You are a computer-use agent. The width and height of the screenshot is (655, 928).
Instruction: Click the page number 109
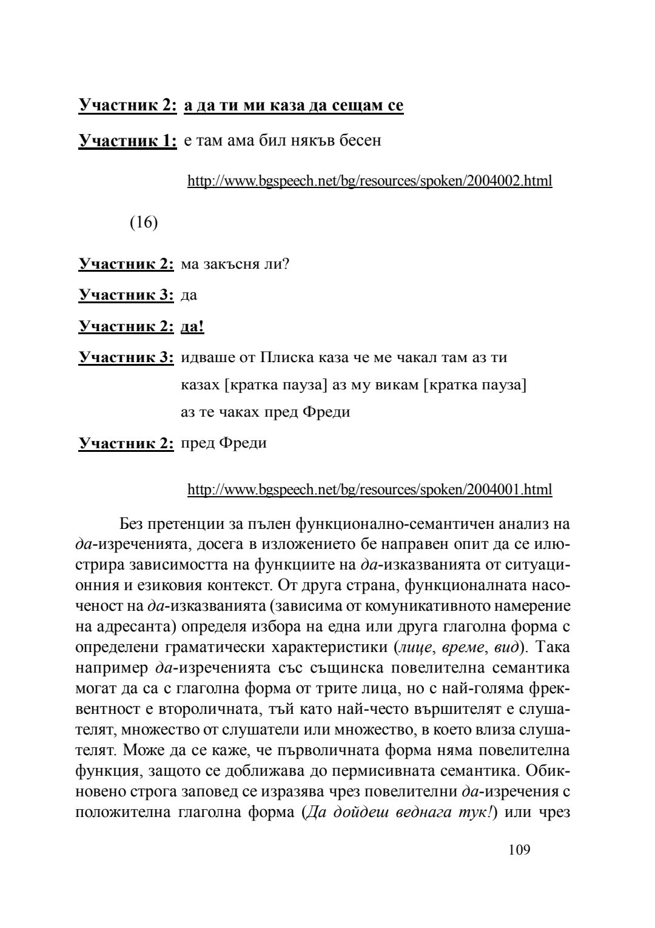pos(519,850)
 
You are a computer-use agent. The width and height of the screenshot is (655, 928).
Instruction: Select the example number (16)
pos(144,223)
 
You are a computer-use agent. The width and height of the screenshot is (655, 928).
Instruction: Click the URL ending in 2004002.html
pos(369,181)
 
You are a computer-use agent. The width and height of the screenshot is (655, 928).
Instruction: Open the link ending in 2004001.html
pos(369,489)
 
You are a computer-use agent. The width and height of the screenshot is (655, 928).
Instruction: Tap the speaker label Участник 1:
pos(128,141)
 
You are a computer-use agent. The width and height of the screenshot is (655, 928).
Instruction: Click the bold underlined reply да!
pos(193,327)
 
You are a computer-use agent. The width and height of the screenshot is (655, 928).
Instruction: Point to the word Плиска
pos(287,357)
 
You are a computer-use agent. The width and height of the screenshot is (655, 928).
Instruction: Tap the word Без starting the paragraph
pos(132,523)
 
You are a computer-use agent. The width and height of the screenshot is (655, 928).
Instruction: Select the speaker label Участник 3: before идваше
pos(127,357)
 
